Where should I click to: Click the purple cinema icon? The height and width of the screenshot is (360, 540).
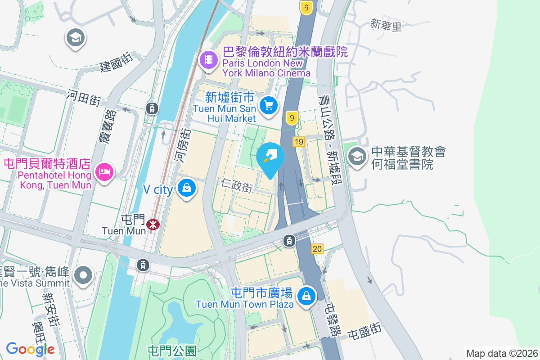click(208, 59)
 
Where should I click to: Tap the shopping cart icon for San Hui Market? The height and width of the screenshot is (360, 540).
click(269, 106)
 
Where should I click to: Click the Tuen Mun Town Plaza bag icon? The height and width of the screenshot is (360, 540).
click(306, 296)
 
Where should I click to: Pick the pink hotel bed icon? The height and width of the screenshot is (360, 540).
click(104, 171)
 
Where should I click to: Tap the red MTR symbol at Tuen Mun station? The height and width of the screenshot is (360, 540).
click(153, 224)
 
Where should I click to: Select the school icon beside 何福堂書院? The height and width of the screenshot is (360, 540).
click(357, 157)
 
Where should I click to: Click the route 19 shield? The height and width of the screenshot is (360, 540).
click(298, 142)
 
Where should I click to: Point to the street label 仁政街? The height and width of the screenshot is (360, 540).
click(237, 185)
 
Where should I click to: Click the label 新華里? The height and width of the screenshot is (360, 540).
click(386, 25)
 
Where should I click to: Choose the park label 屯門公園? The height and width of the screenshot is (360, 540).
click(172, 350)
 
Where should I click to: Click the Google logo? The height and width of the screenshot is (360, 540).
click(30, 349)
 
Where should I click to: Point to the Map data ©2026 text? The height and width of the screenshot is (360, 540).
click(501, 353)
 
